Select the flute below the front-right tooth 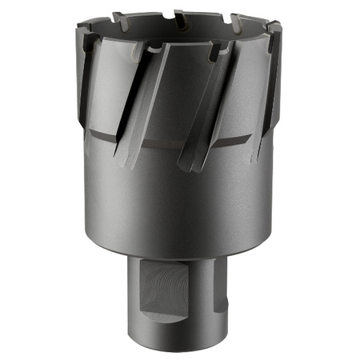[x=204, y=112]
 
